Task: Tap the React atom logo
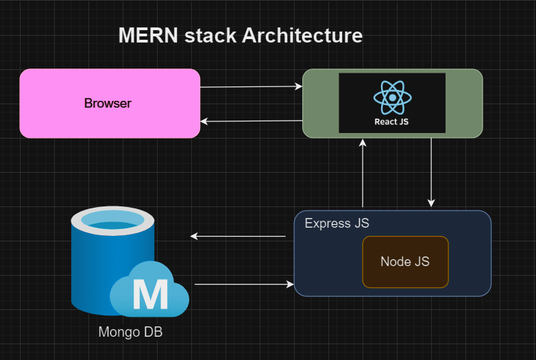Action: [x=392, y=97]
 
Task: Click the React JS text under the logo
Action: [x=392, y=122]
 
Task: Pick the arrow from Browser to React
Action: [x=251, y=87]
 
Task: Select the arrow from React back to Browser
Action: [x=251, y=121]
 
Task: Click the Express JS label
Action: [x=337, y=224]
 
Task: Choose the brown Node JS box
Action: [x=405, y=262]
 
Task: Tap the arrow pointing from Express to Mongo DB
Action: [x=238, y=236]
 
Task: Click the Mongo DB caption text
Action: [x=130, y=333]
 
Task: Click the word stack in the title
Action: [x=210, y=36]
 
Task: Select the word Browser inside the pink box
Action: [x=108, y=104]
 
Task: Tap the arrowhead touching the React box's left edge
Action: [x=298, y=86]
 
